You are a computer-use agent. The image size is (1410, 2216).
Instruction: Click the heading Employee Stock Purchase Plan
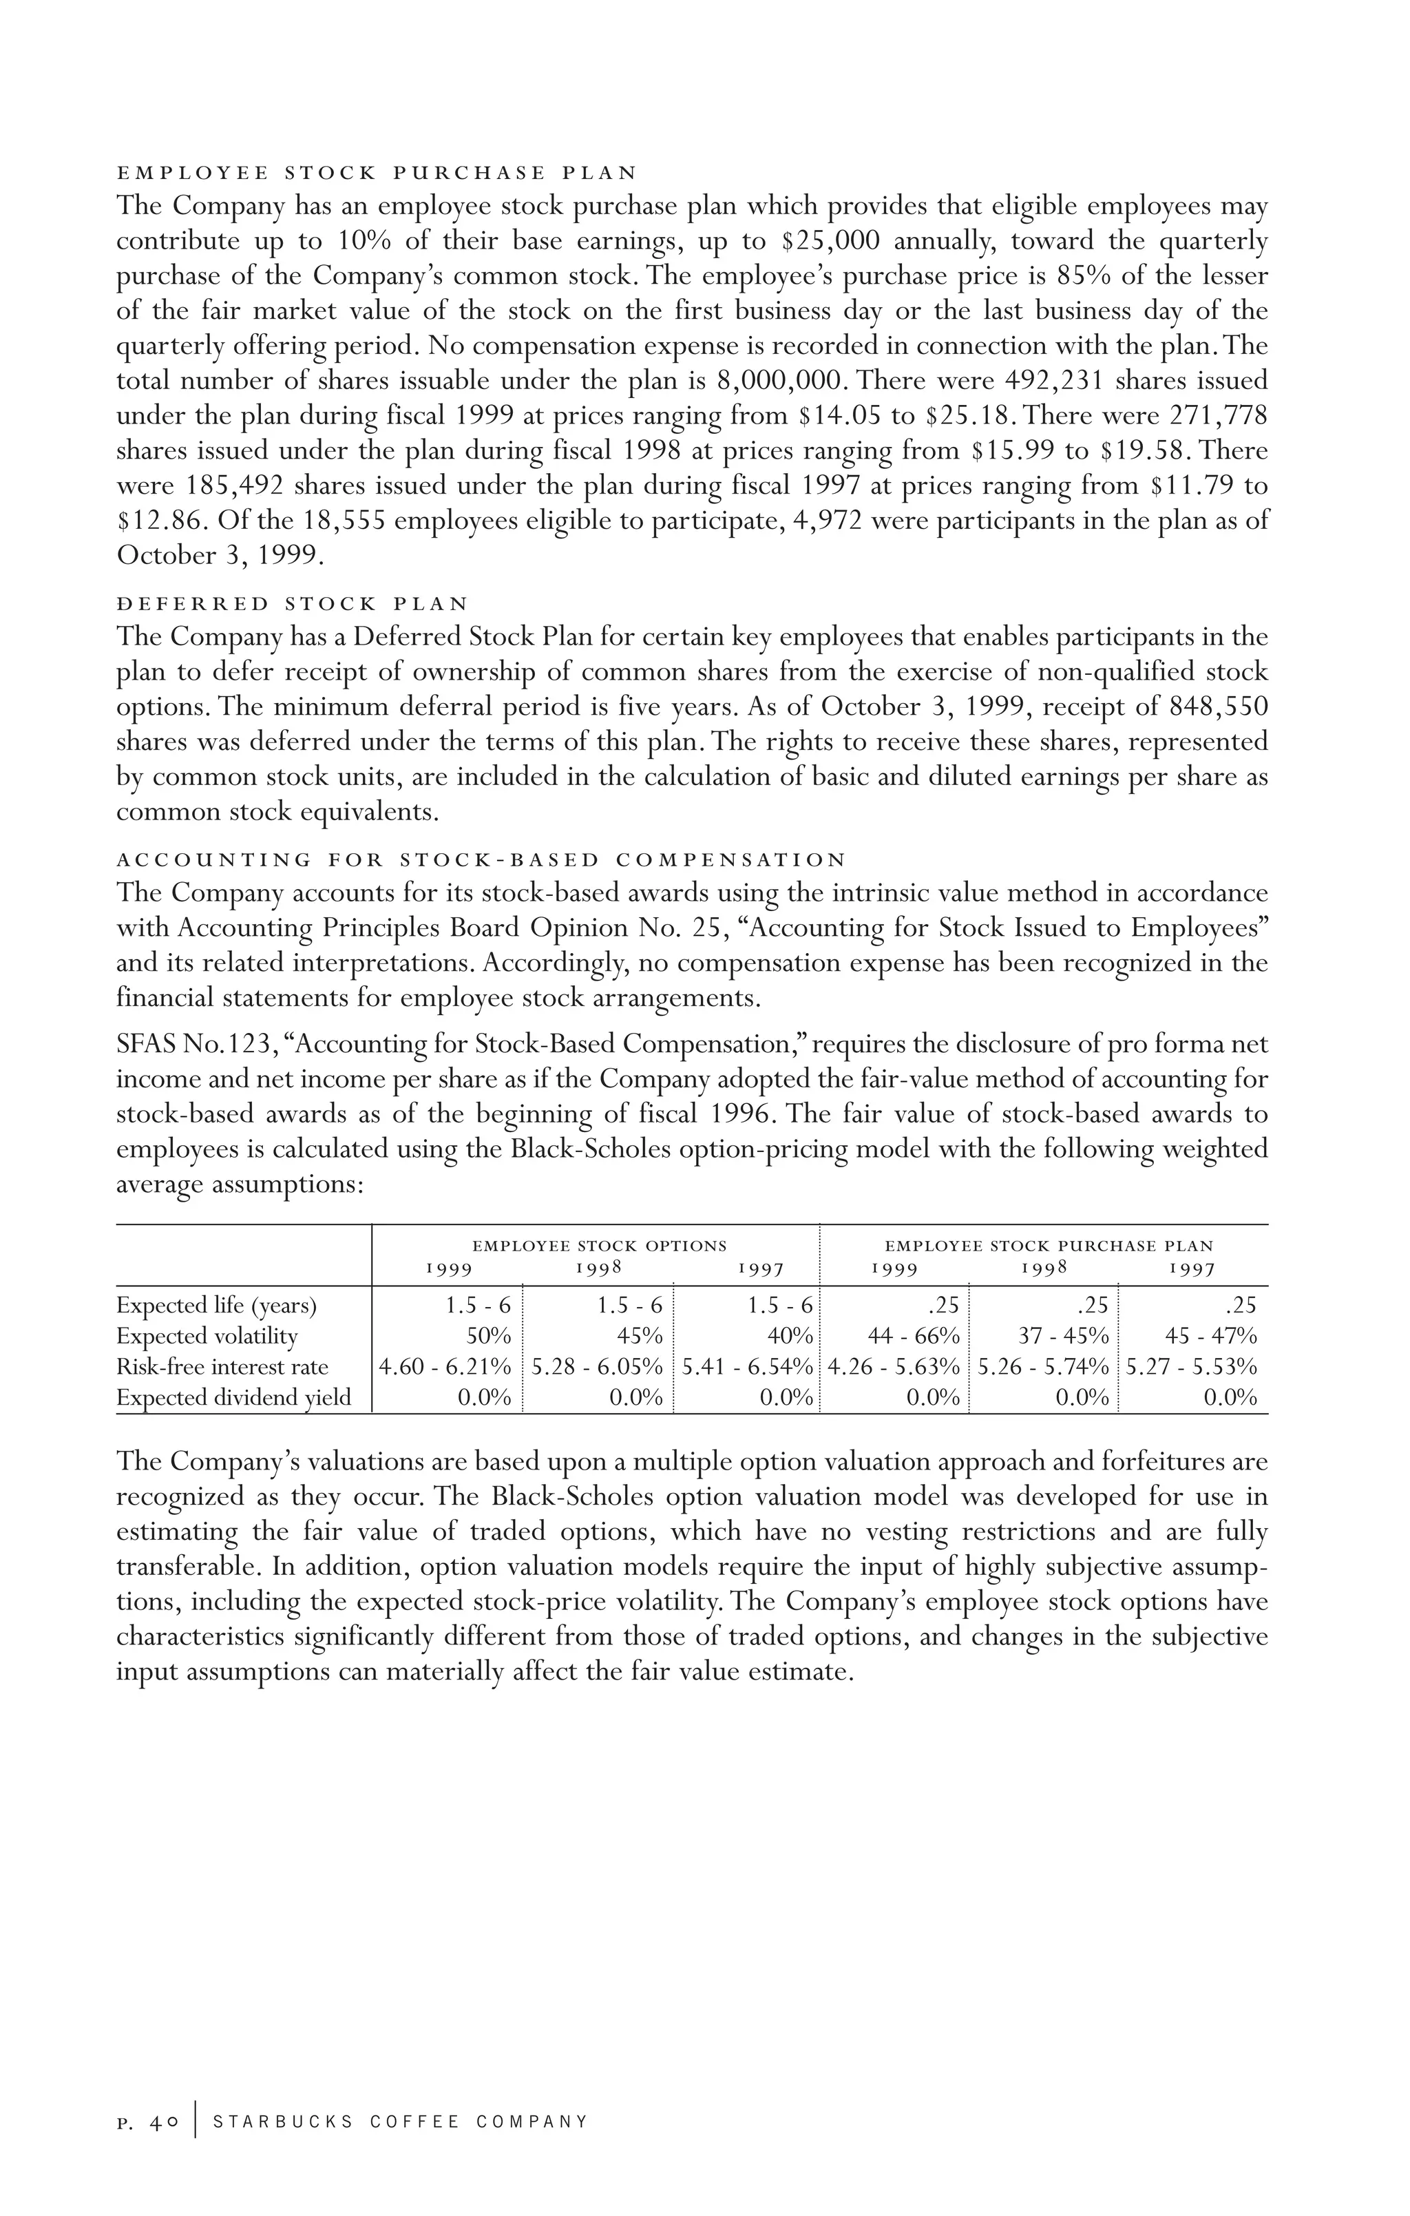tap(377, 173)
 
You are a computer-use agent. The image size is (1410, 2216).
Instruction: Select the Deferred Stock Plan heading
tap(293, 604)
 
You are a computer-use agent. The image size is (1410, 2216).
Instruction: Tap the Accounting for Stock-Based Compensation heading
tap(481, 861)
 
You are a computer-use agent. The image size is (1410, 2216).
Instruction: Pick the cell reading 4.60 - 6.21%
tap(445, 1367)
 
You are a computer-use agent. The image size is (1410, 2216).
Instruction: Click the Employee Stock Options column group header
tap(599, 1246)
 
